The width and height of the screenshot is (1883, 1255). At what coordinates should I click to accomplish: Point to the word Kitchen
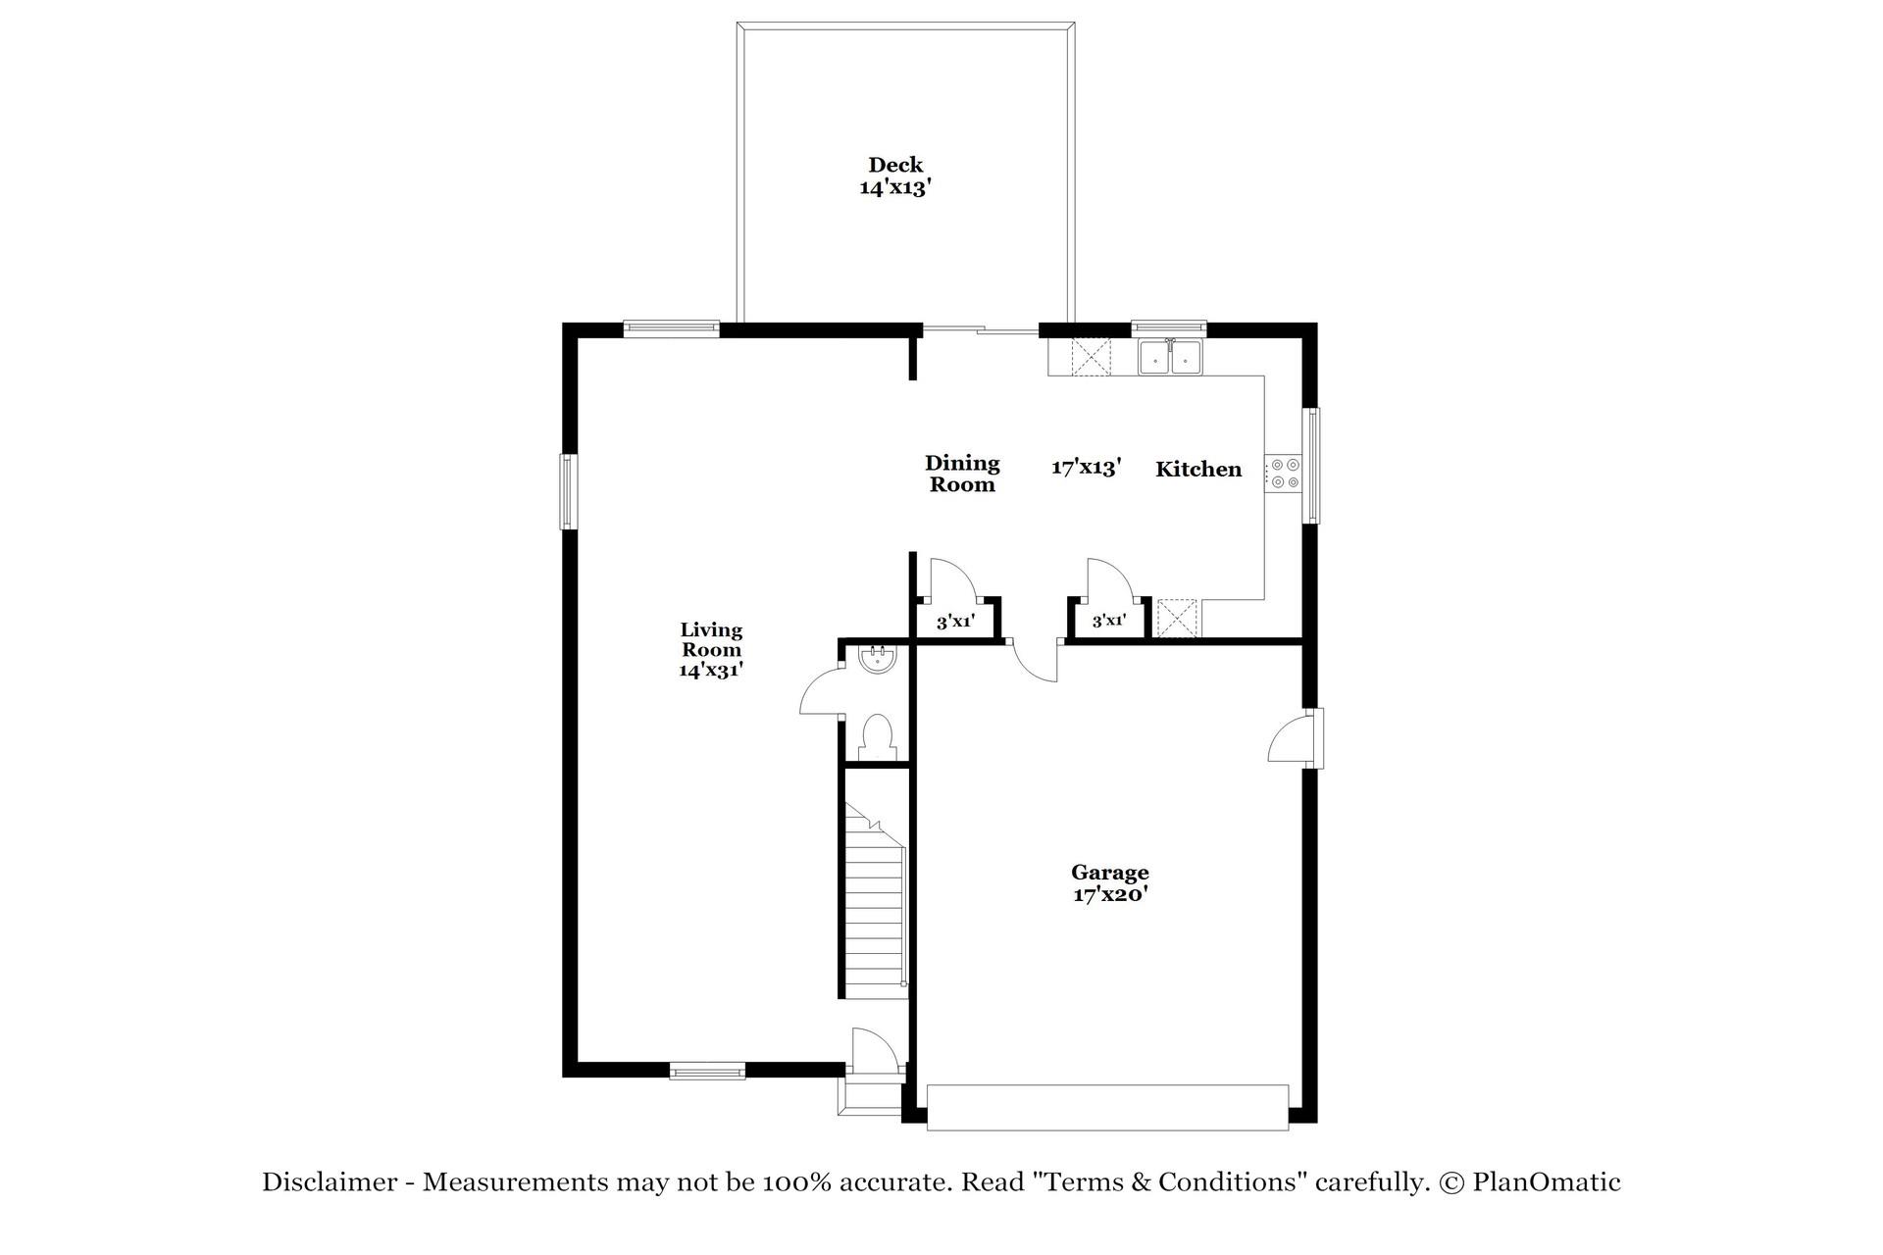tap(1197, 470)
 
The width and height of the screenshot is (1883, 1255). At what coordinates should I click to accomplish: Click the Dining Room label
tap(962, 474)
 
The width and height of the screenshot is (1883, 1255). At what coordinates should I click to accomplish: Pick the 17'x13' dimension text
tap(1086, 468)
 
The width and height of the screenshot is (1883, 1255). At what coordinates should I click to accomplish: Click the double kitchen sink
tap(1170, 359)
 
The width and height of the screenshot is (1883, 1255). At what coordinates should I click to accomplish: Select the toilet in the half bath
tap(876, 736)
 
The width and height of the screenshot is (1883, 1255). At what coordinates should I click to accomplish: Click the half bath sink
tap(875, 659)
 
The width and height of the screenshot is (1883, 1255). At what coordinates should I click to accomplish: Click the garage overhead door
tap(1107, 1107)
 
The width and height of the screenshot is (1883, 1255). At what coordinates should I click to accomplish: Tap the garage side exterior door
tap(1295, 739)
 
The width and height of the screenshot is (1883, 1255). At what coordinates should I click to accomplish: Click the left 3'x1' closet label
tap(954, 622)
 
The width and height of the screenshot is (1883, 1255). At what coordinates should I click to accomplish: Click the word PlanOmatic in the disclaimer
tap(1546, 1182)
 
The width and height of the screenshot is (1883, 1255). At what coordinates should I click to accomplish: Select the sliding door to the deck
tap(980, 330)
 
